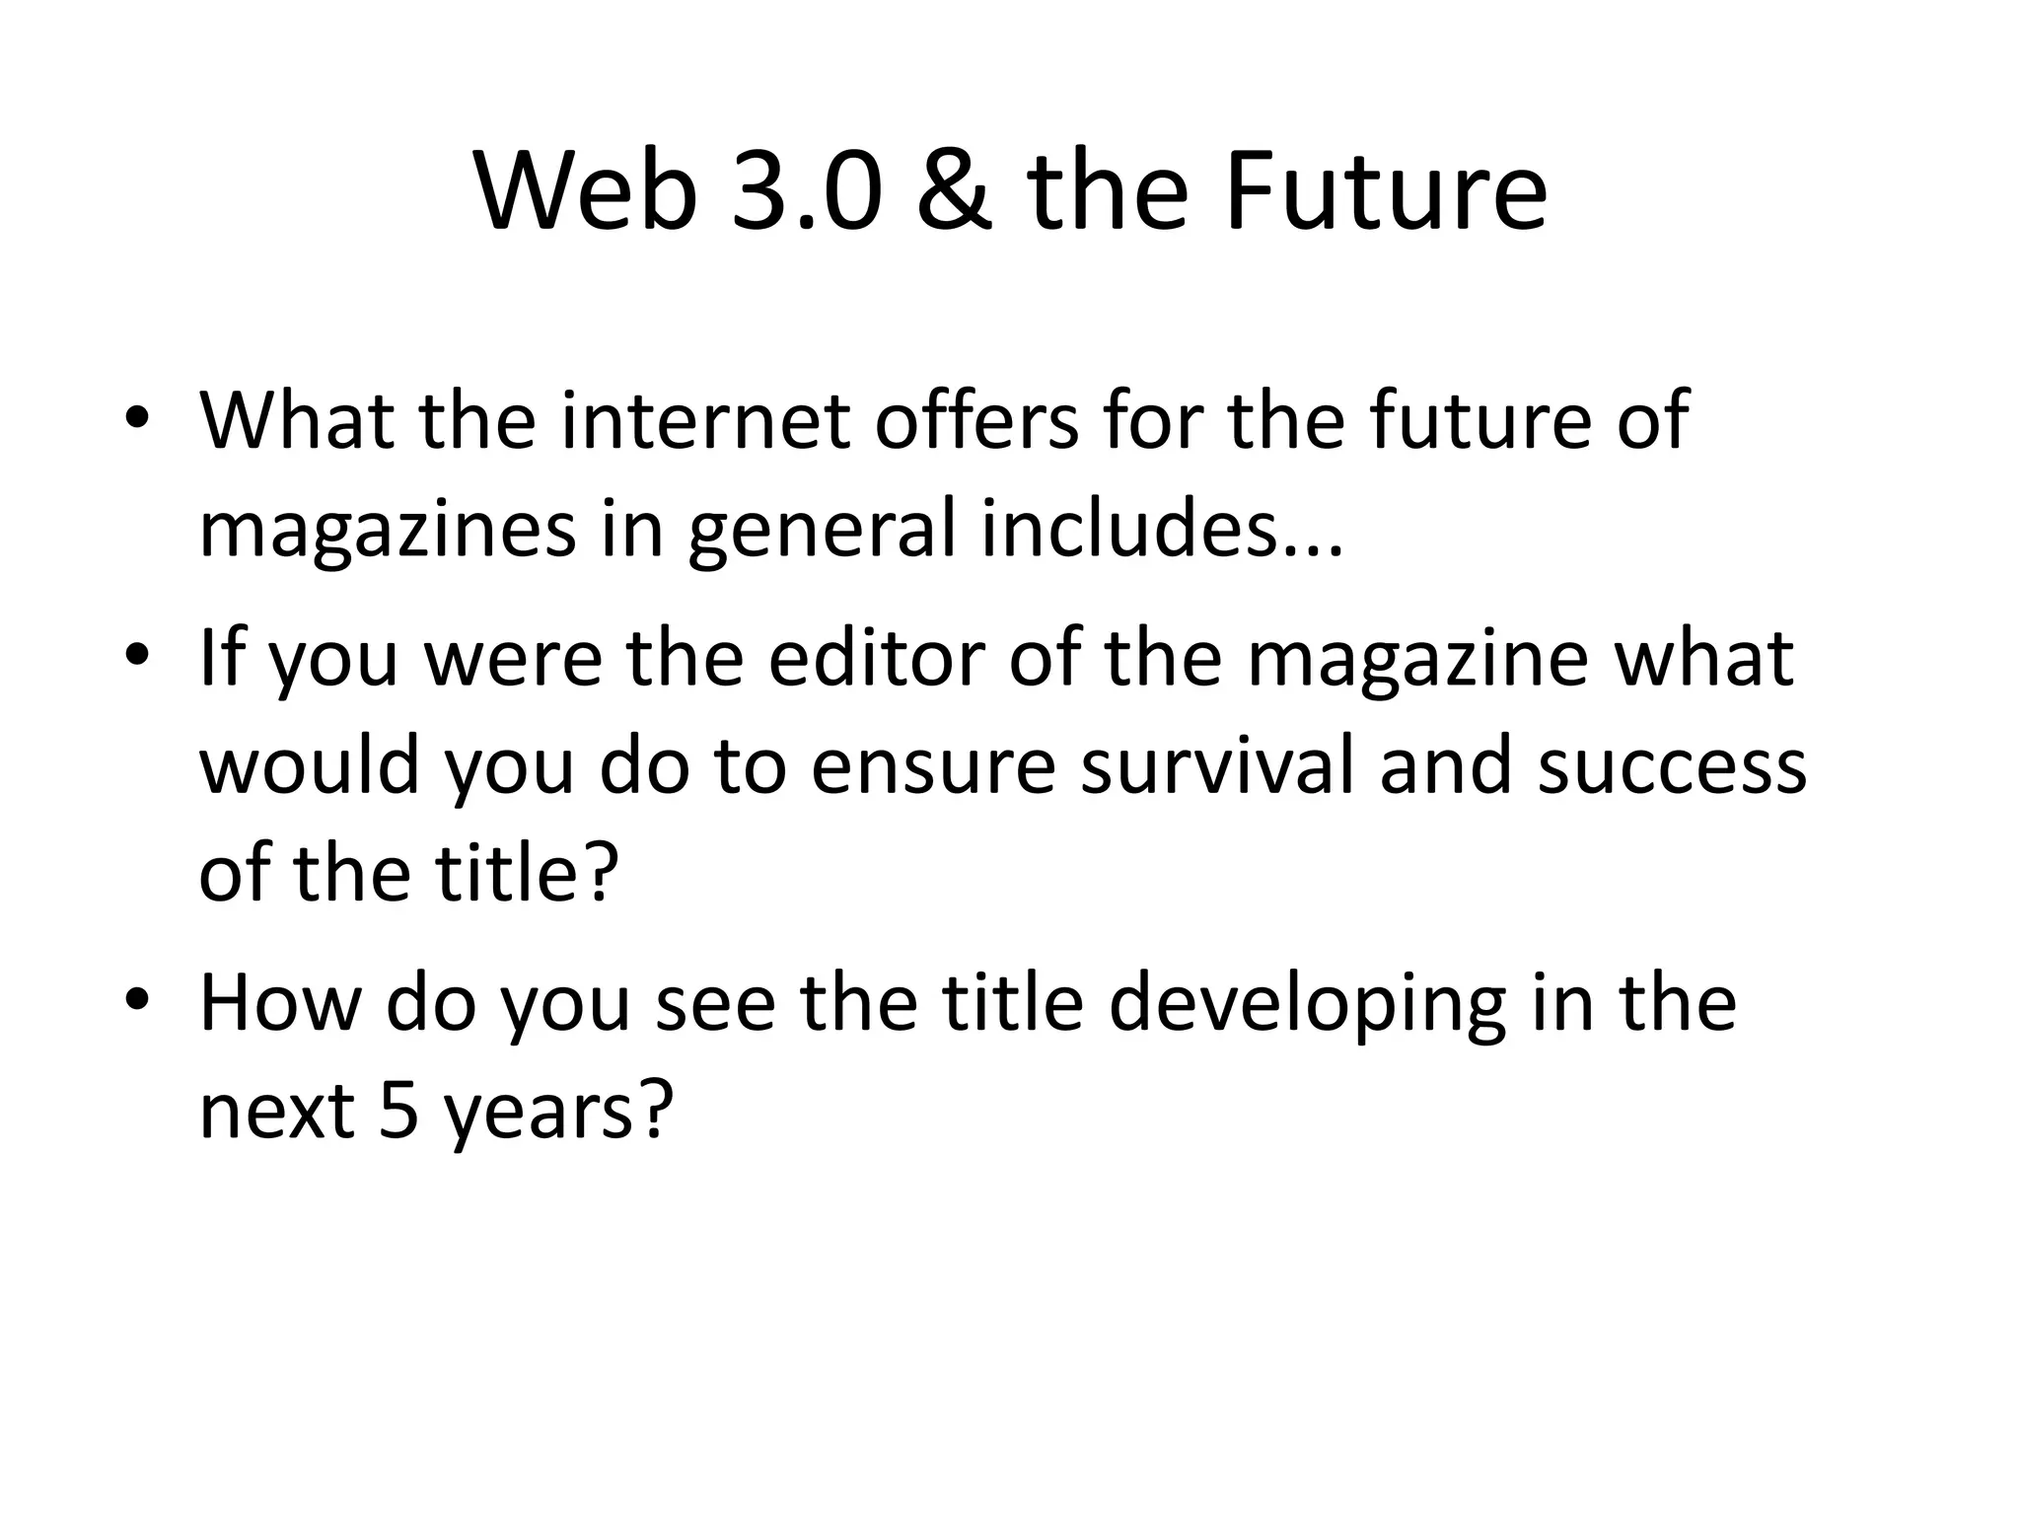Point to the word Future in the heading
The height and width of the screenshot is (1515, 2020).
coord(1386,192)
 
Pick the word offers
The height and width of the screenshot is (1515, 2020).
coord(976,421)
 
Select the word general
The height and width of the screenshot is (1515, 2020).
coord(822,530)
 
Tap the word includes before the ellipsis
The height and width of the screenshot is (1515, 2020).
coord(1134,530)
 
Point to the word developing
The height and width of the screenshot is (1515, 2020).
coord(1307,1003)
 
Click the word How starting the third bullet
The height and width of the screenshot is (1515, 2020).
coord(280,1003)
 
